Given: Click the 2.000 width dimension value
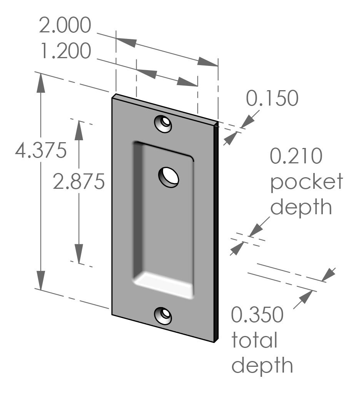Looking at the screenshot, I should click(65, 26).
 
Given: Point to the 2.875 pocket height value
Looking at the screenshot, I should click(79, 181).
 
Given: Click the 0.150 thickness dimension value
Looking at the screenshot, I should click(272, 99).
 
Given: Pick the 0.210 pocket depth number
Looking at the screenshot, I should click(296, 157).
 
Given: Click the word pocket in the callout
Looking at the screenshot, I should click(306, 182).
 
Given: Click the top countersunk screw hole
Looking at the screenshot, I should click(163, 123).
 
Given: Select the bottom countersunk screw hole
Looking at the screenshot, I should click(163, 316).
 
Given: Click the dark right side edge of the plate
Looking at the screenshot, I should click(216, 231).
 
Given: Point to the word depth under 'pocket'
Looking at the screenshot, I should click(301, 207).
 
